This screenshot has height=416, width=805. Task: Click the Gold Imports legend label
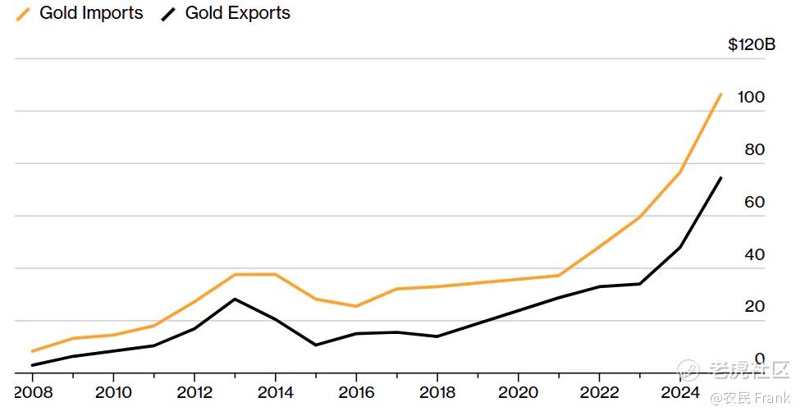tap(90, 13)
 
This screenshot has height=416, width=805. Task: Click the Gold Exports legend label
tap(237, 13)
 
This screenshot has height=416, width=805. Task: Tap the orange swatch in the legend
tap(23, 14)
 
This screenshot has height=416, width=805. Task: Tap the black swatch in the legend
tap(169, 14)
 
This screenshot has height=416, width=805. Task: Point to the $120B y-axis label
tap(751, 45)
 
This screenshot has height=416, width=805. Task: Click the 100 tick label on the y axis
tap(751, 98)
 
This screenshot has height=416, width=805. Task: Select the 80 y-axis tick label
tap(753, 150)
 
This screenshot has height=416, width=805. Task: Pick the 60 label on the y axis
tap(753, 203)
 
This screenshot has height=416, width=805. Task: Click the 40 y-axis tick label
tap(753, 255)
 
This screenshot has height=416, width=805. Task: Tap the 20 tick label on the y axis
tap(753, 307)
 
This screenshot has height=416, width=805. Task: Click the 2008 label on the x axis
tap(34, 393)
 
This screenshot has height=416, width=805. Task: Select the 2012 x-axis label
tap(195, 393)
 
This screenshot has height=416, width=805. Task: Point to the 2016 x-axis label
tap(357, 393)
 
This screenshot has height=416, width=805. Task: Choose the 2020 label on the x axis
tap(519, 393)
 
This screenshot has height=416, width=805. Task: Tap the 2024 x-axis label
tap(680, 393)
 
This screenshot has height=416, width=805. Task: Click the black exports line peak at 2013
tap(236, 299)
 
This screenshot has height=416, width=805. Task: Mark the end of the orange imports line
tap(720, 94)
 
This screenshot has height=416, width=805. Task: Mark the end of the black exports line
tap(720, 178)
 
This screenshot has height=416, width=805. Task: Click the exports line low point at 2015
tap(316, 345)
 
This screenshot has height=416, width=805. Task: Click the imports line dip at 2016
tap(356, 306)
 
